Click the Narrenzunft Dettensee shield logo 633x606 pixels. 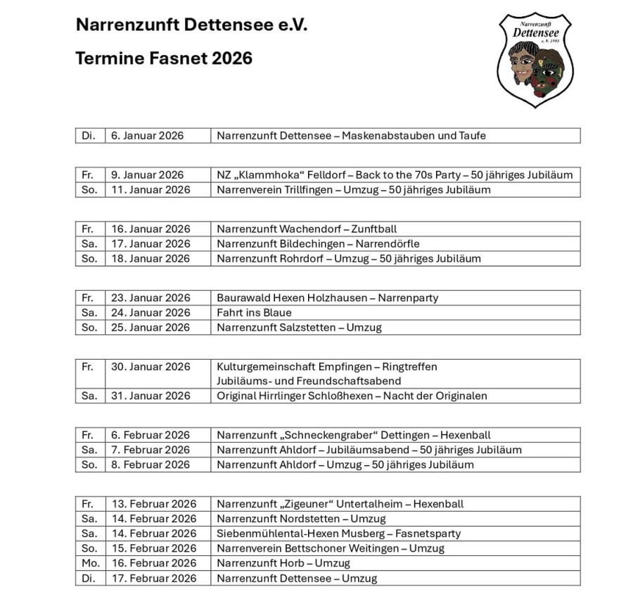[x=535, y=60]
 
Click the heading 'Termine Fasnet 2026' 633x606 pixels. [x=164, y=58]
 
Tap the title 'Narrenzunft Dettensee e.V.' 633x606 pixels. [x=191, y=25]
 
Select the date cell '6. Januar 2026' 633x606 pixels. [x=146, y=135]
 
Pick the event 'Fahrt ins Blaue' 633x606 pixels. [x=254, y=313]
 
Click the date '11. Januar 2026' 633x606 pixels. [x=151, y=189]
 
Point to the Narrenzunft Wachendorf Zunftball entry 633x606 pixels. [x=307, y=229]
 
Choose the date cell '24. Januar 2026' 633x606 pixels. [x=151, y=313]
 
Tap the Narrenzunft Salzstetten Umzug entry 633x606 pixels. [x=299, y=327]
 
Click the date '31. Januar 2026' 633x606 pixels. [x=151, y=396]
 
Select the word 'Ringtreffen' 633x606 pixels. [x=415, y=367]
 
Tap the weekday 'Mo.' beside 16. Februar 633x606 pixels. [x=89, y=563]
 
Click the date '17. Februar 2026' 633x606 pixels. [x=153, y=578]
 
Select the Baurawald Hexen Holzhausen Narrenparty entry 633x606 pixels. [x=327, y=298]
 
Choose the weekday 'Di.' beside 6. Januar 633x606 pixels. [x=89, y=135]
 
